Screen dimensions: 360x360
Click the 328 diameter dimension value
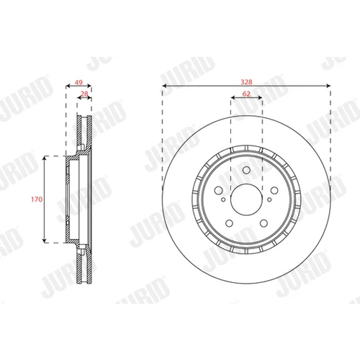coord(246,82)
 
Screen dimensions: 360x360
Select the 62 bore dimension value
coord(246,94)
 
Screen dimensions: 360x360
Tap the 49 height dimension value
coord(78,82)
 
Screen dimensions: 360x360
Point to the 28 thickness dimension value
coord(84,94)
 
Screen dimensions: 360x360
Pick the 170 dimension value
coord(37,199)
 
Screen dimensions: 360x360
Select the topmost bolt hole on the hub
coord(246,170)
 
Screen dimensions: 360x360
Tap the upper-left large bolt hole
coord(219,191)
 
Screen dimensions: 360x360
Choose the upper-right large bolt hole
coord(274,191)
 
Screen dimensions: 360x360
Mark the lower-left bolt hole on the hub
coord(230,223)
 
